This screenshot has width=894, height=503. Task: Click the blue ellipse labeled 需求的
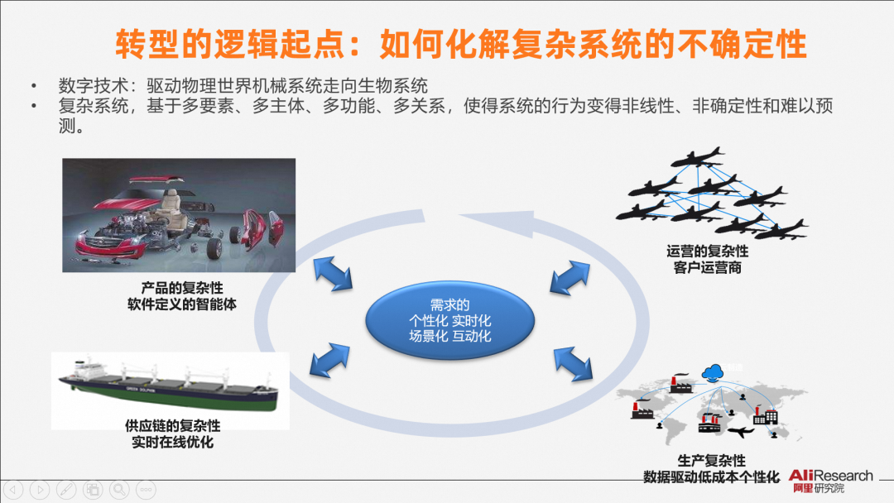[449, 319]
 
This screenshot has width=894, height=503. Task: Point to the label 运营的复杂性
[707, 251]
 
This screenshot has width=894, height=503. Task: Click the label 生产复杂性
[711, 461]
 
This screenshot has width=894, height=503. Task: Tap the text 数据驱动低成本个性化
[711, 477]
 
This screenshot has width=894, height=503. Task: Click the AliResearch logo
[829, 481]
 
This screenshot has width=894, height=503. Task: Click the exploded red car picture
[179, 215]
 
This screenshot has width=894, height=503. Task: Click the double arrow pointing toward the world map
[571, 362]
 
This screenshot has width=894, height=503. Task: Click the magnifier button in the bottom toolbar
[120, 489]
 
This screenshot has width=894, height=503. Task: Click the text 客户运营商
[707, 268]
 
